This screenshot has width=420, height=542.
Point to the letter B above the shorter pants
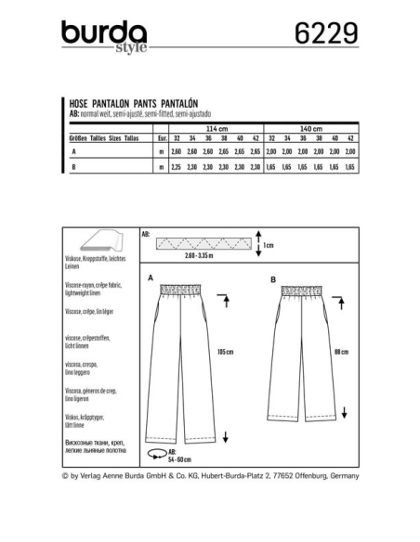pyautogui.click(x=272, y=277)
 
